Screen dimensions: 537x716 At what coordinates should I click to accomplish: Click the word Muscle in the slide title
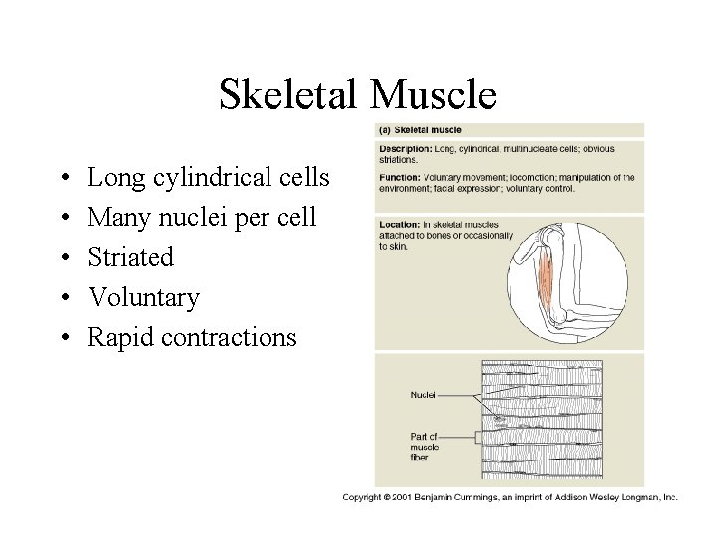coord(431,95)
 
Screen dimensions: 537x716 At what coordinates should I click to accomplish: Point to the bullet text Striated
coord(130,258)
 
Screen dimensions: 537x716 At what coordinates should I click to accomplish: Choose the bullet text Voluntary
coord(143,297)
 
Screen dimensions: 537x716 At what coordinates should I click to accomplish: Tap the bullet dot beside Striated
coord(63,259)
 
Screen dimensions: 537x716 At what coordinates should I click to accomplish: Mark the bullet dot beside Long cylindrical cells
coord(63,179)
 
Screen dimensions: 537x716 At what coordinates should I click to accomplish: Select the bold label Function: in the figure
coord(399,177)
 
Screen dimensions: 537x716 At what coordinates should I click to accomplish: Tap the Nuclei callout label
coord(425,394)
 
